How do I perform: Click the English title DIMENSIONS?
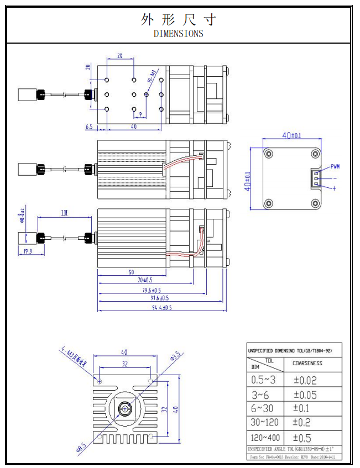point(178,34)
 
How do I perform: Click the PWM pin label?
point(335,166)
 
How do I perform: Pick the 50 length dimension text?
point(131,272)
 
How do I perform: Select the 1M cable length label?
point(64,213)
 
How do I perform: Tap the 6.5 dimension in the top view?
point(89,127)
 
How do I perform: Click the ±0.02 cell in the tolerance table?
point(305,380)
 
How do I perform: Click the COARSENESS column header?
point(307,363)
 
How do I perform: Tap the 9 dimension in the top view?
point(140,114)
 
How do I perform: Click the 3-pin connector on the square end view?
point(316,178)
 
